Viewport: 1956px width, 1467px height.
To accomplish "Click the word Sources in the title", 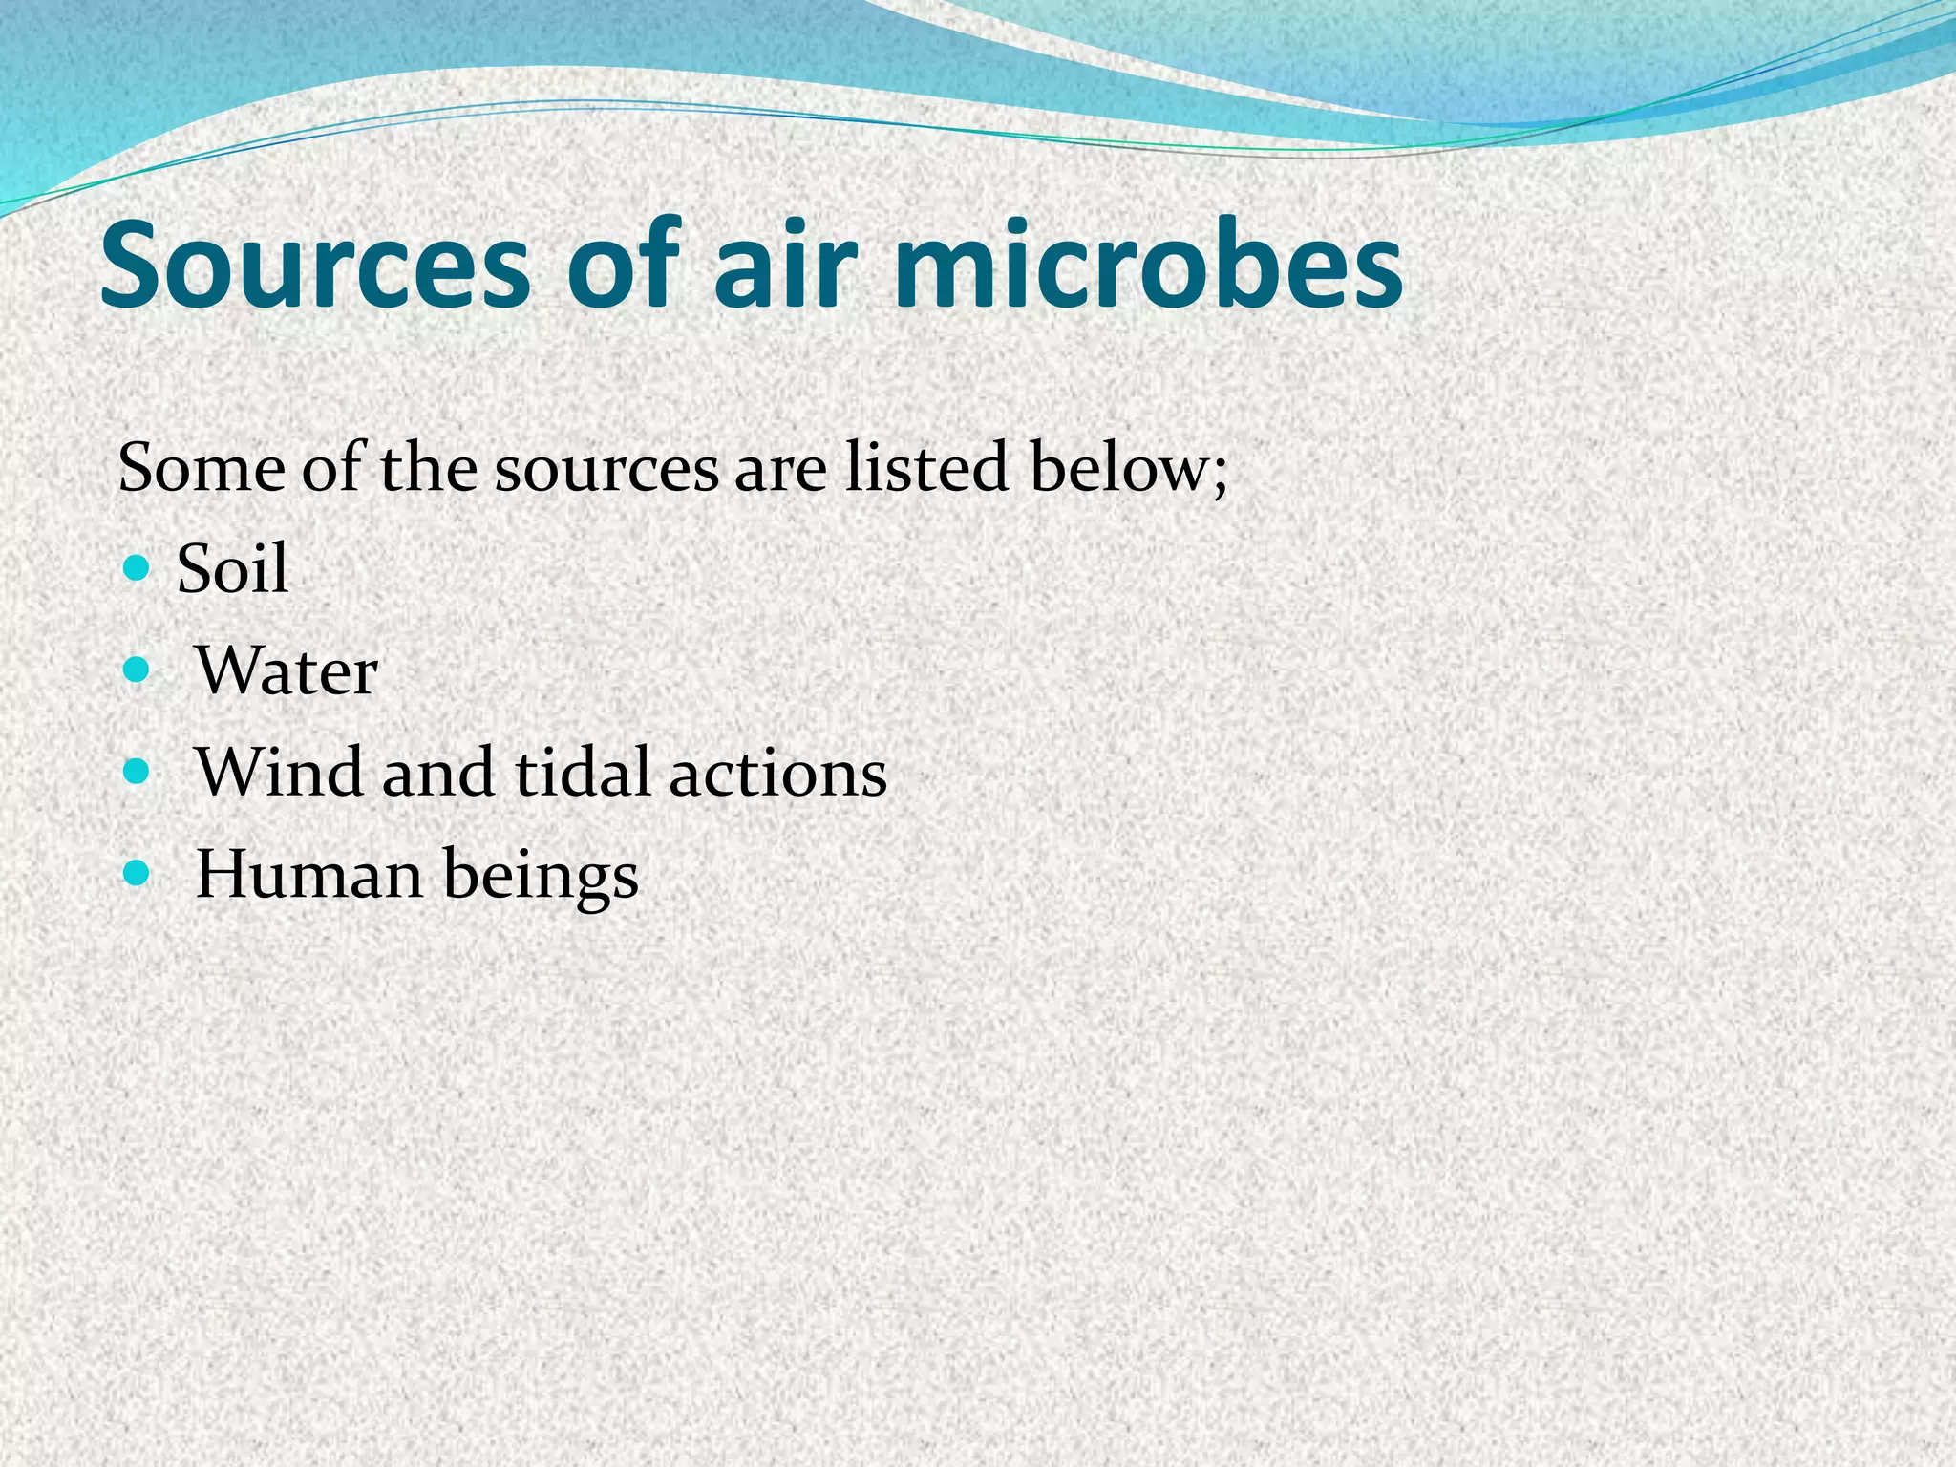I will tap(313, 265).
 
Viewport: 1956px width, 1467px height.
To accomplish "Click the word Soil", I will tap(232, 569).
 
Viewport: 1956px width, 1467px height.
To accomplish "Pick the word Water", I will tap(287, 671).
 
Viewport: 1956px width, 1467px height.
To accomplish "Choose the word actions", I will tap(777, 774).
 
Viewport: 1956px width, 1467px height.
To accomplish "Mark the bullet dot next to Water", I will tap(138, 671).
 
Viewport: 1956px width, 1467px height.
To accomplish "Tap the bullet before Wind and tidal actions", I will tap(138, 772).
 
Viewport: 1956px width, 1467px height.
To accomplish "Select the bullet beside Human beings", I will tap(138, 873).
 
